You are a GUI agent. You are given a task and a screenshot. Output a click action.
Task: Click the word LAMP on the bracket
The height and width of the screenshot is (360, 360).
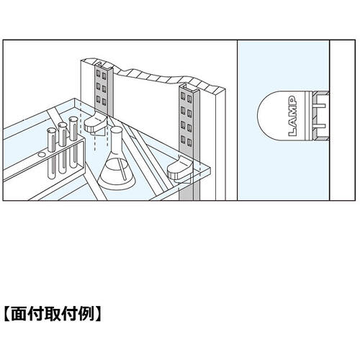(293, 116)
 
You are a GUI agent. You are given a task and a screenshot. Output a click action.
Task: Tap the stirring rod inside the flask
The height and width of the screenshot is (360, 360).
(122, 170)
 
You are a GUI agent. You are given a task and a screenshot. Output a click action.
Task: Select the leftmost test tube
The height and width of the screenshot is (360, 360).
(52, 153)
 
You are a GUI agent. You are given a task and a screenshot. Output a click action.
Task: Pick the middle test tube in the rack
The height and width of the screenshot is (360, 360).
(63, 148)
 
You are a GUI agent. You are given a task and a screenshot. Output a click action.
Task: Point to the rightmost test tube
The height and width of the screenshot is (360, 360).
(73, 142)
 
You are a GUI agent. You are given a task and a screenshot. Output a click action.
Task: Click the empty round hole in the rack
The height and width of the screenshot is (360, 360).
(41, 155)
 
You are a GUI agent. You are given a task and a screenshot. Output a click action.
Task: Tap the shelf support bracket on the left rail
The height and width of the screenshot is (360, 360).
(95, 124)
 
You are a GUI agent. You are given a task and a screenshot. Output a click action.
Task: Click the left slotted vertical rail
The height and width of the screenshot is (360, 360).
(104, 89)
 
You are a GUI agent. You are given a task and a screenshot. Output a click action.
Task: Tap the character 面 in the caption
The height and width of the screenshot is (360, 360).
(19, 314)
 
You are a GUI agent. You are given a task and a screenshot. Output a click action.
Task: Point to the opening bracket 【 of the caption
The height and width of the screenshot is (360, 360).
(7, 314)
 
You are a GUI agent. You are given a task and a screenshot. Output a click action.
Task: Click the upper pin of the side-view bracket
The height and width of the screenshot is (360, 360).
(319, 105)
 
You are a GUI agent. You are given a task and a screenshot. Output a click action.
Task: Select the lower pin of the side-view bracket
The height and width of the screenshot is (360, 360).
(319, 126)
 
